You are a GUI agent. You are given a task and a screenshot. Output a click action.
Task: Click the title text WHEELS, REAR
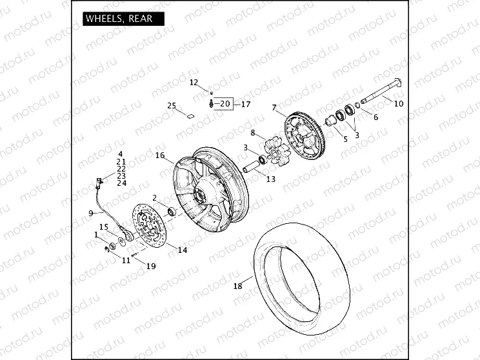click(x=119, y=18)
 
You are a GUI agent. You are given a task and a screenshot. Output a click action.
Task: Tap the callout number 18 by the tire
click(x=237, y=286)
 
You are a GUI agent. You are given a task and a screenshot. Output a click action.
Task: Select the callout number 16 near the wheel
click(x=160, y=155)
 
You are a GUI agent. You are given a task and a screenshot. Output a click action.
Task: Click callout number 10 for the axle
click(x=399, y=103)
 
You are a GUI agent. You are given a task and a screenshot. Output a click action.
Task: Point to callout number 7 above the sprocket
click(x=274, y=107)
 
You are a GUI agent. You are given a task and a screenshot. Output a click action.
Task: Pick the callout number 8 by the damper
click(x=254, y=133)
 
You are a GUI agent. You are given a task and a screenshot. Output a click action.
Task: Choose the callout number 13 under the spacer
click(x=271, y=179)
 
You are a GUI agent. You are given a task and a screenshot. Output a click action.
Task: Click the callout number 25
click(x=172, y=106)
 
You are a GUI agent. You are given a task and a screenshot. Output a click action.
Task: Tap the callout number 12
click(x=194, y=83)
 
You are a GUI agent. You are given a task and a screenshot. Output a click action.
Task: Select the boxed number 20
click(x=224, y=103)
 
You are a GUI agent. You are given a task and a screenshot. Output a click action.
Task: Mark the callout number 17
click(x=245, y=103)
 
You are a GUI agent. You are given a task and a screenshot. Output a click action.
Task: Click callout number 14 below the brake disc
click(x=183, y=250)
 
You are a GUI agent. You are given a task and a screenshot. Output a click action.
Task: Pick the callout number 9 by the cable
click(x=91, y=213)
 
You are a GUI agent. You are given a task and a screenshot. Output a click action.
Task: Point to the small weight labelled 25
click(x=190, y=117)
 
